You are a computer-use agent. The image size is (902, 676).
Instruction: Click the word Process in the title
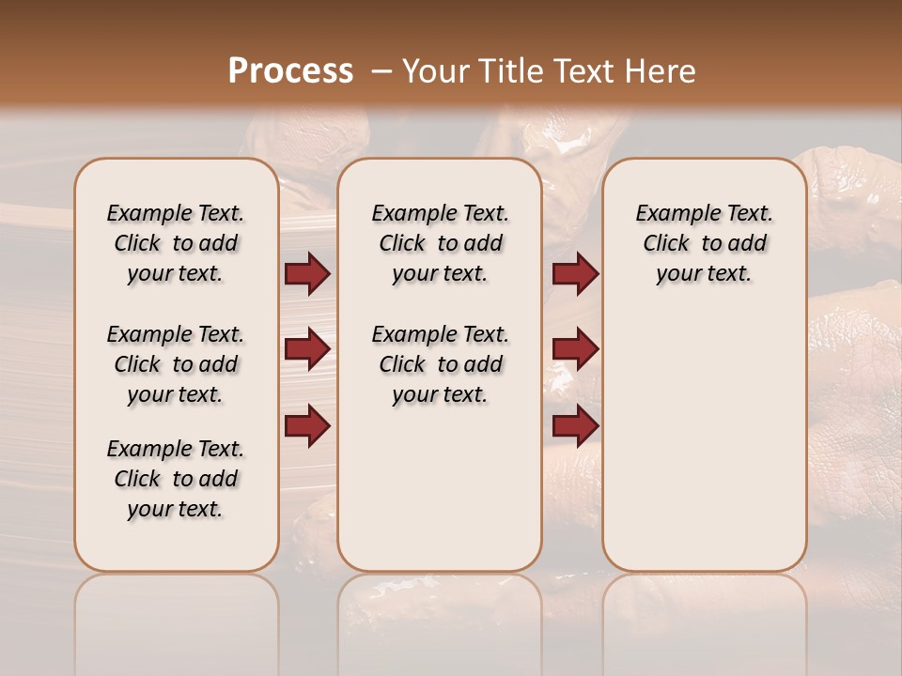(x=290, y=71)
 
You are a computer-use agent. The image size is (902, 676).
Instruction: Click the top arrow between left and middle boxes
(x=307, y=274)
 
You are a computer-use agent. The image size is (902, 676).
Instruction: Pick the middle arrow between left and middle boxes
(x=307, y=349)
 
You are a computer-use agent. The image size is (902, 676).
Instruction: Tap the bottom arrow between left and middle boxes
(x=307, y=425)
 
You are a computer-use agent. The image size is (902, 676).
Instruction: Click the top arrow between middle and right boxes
(x=575, y=274)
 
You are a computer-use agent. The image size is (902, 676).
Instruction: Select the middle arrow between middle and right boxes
(x=575, y=349)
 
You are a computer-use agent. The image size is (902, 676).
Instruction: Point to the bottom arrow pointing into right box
(x=575, y=425)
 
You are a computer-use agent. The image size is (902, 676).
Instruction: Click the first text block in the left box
(x=176, y=243)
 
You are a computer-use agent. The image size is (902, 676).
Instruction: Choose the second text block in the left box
(x=176, y=364)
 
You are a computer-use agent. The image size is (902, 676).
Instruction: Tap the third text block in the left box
(x=176, y=479)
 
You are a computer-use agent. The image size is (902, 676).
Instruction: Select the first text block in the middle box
(x=440, y=243)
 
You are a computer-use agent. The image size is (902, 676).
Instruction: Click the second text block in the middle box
(x=440, y=364)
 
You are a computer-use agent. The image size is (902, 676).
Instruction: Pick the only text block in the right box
(x=705, y=243)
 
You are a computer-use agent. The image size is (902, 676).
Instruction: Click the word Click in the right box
(x=666, y=244)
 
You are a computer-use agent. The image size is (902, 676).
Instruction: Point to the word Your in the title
(x=434, y=71)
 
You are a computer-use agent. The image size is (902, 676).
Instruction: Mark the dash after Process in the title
(x=381, y=72)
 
